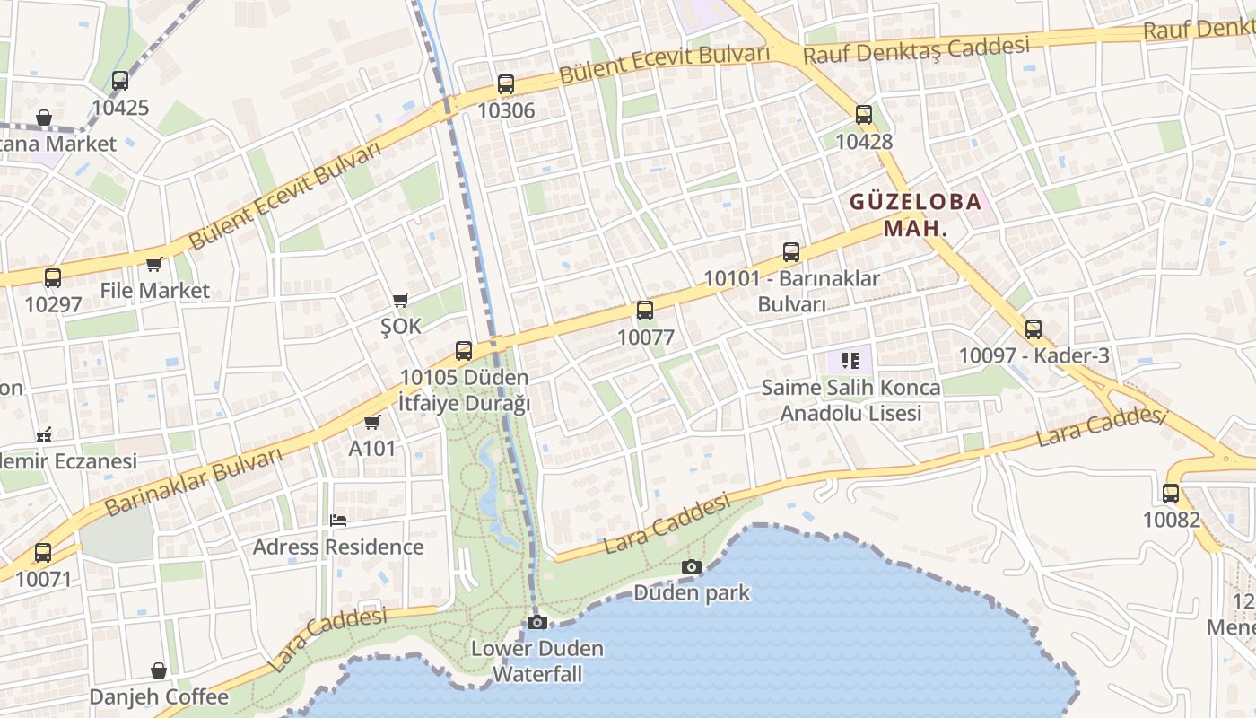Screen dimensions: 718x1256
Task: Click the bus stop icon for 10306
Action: (506, 84)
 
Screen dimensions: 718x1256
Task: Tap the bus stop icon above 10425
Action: (120, 81)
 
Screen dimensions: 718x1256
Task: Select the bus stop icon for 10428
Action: (864, 115)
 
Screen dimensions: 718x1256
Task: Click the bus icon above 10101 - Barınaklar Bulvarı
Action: (790, 252)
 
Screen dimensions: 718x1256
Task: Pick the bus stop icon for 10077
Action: (645, 311)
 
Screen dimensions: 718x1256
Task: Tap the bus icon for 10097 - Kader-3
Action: (1034, 329)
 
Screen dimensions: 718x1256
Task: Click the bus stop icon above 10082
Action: (1171, 493)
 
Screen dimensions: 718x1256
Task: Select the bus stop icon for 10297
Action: (53, 278)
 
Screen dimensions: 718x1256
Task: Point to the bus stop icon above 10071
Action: (43, 553)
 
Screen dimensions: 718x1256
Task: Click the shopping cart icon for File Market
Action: (154, 264)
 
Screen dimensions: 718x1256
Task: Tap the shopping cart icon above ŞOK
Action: (401, 300)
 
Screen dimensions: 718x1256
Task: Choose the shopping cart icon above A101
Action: (372, 422)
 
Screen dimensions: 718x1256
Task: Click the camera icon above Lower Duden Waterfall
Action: (537, 622)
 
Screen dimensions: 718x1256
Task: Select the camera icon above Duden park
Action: (691, 566)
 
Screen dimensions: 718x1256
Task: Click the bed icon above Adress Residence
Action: (338, 521)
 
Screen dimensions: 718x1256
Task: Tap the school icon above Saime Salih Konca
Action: (850, 361)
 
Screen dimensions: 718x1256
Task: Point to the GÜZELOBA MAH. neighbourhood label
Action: (915, 215)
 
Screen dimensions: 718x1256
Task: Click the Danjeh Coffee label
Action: (159, 696)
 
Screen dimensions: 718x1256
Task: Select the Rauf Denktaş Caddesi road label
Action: (915, 50)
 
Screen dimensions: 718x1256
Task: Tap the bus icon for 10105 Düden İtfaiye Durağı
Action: (464, 351)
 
